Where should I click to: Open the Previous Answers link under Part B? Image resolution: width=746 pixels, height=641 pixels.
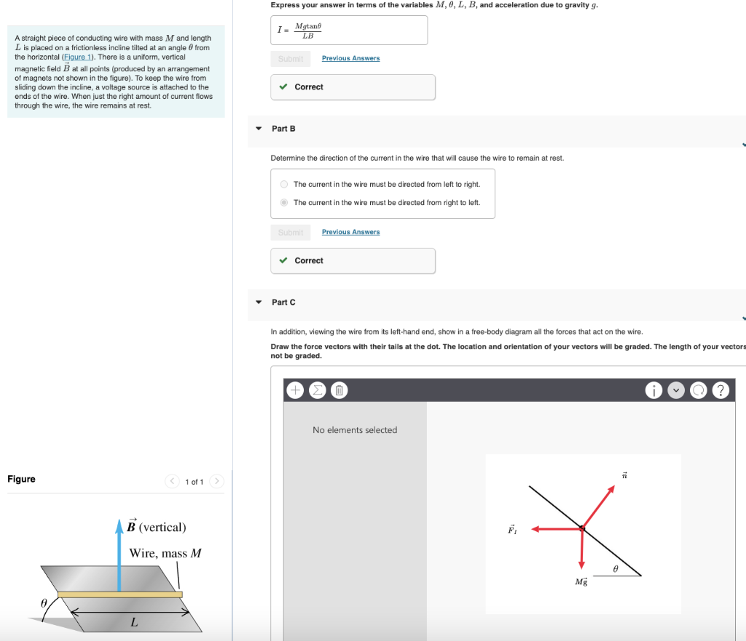click(350, 232)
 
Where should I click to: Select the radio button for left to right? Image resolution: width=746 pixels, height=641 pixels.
click(285, 184)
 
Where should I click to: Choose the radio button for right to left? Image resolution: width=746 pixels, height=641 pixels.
click(285, 202)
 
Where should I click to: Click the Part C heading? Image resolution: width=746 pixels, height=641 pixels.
click(283, 302)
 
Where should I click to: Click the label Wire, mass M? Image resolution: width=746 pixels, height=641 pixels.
click(165, 553)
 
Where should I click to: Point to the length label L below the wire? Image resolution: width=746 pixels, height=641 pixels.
click(133, 621)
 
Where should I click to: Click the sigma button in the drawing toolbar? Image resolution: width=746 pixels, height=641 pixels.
click(317, 391)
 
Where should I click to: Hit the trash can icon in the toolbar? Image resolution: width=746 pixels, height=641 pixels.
click(339, 391)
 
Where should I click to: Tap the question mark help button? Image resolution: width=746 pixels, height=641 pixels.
click(720, 391)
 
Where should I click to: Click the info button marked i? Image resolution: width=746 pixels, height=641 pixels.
click(654, 391)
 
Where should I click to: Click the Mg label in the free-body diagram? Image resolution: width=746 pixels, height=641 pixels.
click(581, 582)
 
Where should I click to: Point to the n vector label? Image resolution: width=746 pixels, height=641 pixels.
click(624, 475)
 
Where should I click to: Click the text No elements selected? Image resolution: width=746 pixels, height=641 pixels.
click(355, 430)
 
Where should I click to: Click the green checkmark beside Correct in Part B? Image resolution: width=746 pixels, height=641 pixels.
click(283, 260)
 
